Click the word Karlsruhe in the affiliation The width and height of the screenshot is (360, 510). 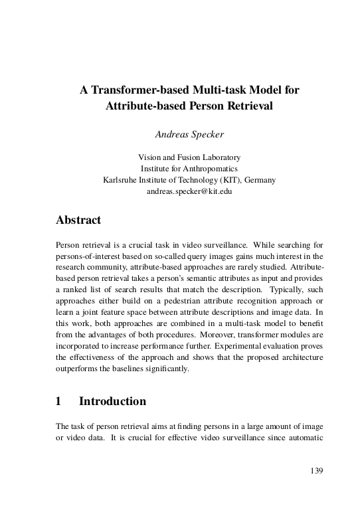pos(122,180)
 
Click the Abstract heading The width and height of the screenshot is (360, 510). pos(78,220)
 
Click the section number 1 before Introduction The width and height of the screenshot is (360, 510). pos(59,401)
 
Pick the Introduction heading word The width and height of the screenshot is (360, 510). pos(112,401)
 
